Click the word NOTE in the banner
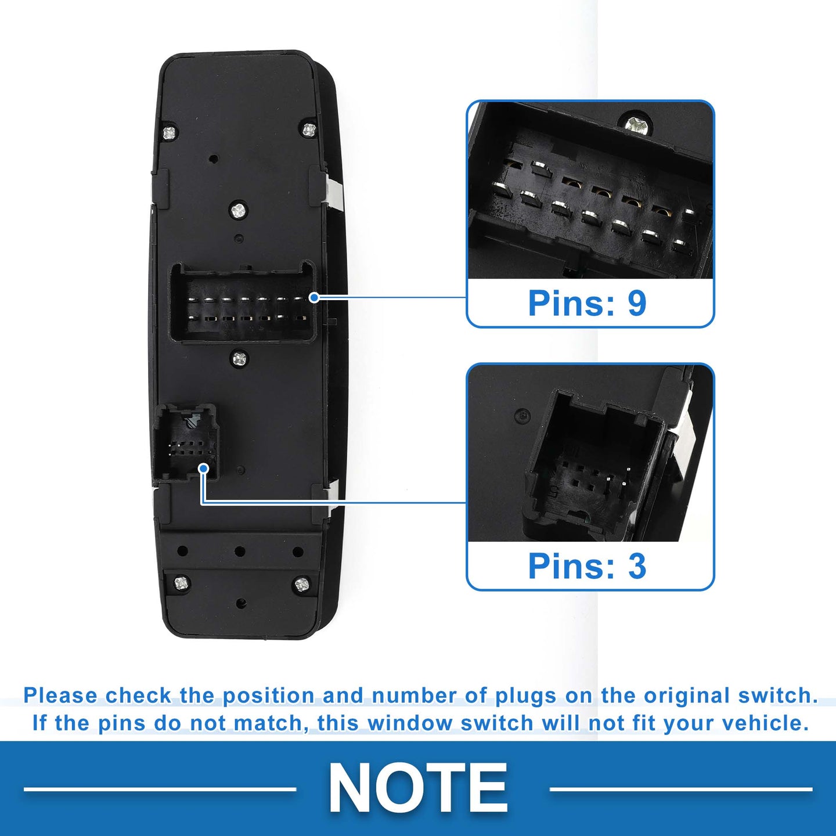tap(418, 787)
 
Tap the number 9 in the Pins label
tap(637, 302)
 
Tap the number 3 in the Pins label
tap(637, 565)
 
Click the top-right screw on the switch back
tap(309, 129)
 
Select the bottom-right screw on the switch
tap(302, 585)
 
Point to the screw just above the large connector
tap(237, 211)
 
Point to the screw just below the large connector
tap(239, 359)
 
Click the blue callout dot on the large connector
tap(315, 298)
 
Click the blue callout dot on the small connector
tap(203, 469)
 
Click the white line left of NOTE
tap(160, 789)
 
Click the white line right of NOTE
tap(681, 789)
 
